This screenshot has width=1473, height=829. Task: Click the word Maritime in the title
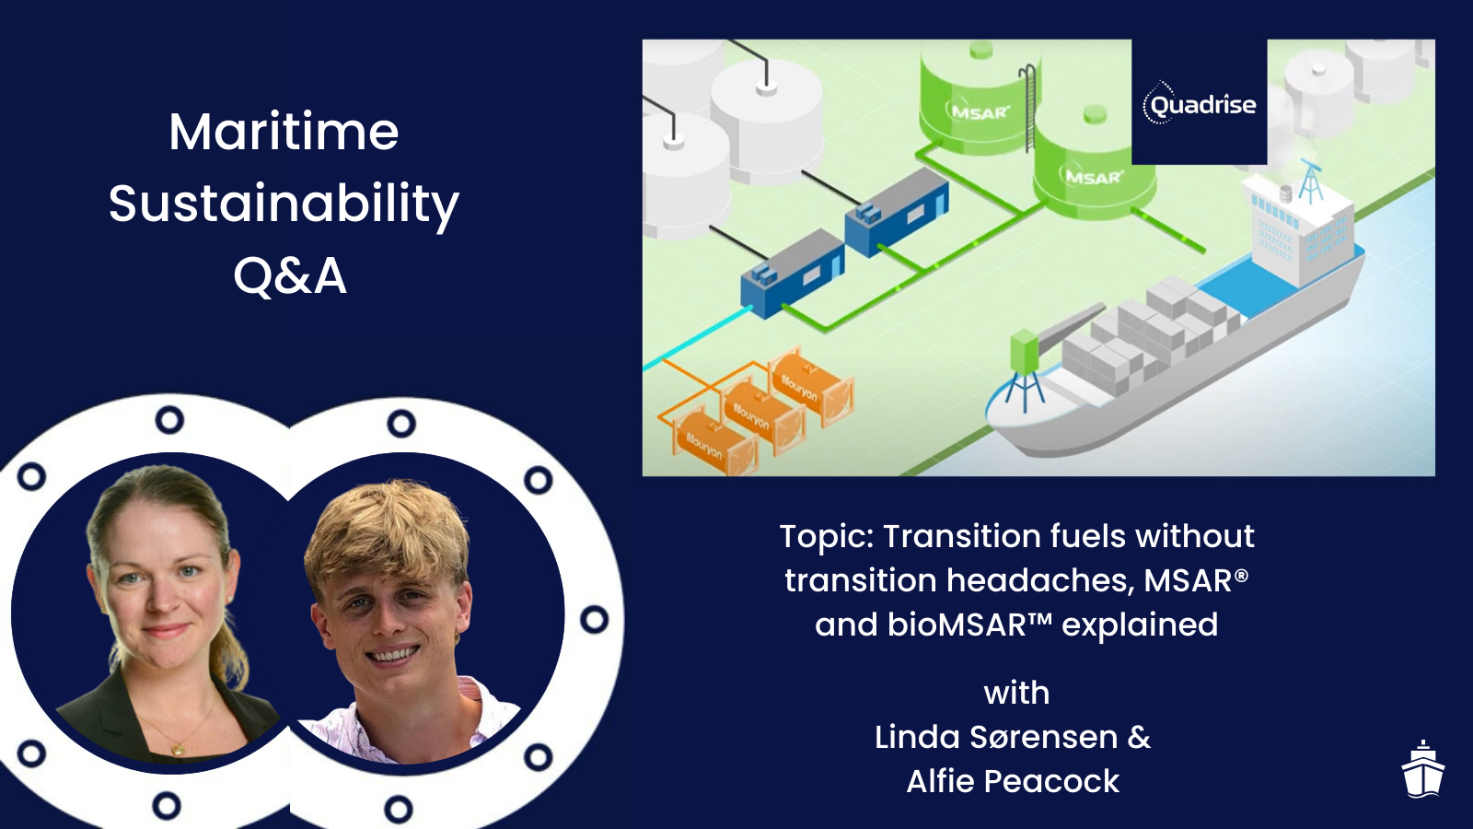(x=284, y=132)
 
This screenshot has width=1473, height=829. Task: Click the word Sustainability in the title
(x=284, y=204)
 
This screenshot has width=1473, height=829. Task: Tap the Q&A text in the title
(x=290, y=275)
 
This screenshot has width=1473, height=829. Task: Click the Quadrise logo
(x=1199, y=103)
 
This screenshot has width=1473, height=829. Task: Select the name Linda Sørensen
(x=996, y=737)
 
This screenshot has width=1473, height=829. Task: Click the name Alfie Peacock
(x=1013, y=781)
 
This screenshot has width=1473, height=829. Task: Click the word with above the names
(x=1016, y=693)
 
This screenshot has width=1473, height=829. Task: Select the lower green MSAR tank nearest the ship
(x=1094, y=170)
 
